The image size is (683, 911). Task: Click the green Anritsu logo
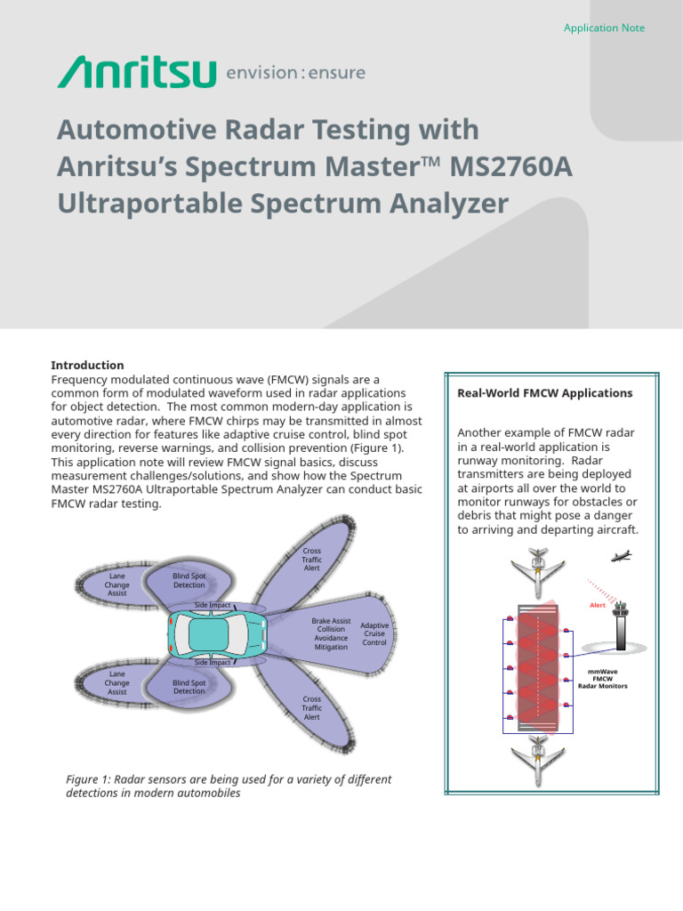136,71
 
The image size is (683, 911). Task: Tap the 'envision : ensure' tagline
296,72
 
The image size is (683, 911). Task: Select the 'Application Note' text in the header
604,28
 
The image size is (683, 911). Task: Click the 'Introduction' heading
87,366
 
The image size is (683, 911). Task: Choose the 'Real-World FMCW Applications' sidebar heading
544,393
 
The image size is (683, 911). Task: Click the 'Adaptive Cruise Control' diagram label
374,633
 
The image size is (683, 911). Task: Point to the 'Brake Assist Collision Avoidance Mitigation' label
331,633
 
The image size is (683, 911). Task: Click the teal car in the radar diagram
218,633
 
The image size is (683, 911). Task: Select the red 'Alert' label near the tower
598,605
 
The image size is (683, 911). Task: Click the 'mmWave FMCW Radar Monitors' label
602,679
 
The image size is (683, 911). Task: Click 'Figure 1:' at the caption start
91,779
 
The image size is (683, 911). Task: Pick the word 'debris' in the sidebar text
478,516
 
